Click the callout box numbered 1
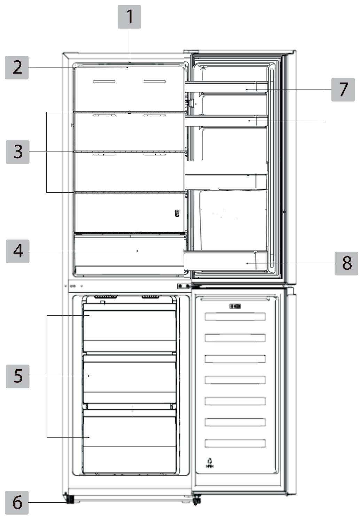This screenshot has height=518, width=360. [x=129, y=17]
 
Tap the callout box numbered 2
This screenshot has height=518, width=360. [x=17, y=68]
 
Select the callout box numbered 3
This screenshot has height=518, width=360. [x=17, y=152]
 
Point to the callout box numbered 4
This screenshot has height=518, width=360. [x=17, y=251]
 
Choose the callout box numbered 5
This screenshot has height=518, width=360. [x=17, y=376]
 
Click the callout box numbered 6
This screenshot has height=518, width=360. [x=17, y=503]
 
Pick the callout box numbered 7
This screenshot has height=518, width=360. [x=343, y=90]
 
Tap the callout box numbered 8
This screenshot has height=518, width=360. [x=346, y=263]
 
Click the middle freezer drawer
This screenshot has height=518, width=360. [x=130, y=379]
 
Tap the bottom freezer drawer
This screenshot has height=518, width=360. [x=130, y=441]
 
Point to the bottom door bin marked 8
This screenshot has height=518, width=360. [x=226, y=260]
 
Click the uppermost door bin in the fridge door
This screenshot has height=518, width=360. [x=226, y=87]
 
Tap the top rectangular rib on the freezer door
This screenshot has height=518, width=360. [x=235, y=317]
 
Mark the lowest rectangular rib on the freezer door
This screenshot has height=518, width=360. [x=235, y=443]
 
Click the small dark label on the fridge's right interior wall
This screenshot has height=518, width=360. [x=177, y=214]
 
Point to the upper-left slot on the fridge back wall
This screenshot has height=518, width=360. [x=104, y=82]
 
